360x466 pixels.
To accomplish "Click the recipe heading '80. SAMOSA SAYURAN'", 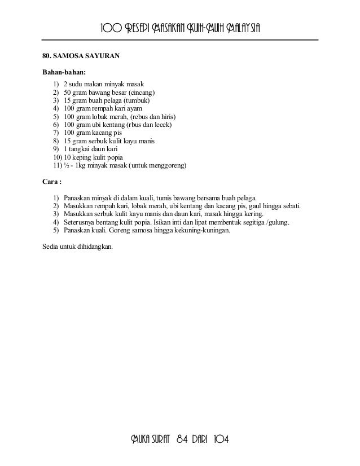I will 80,56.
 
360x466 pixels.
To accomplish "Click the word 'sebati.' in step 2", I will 289,206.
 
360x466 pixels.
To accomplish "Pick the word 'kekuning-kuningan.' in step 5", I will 211,231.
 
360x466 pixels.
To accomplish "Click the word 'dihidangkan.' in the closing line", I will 93,246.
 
